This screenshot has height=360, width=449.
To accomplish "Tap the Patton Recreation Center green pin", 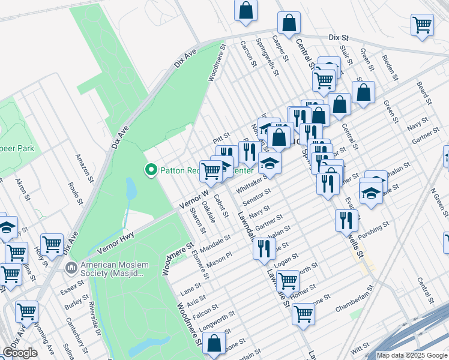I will point(151,170).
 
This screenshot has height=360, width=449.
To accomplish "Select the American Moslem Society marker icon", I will point(71,266).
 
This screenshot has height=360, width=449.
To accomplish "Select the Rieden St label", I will point(390,68).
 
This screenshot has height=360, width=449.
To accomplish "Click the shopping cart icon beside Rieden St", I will point(423,25).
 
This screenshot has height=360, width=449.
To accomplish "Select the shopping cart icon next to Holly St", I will point(52,244).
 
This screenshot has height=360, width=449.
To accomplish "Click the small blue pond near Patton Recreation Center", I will point(130,189).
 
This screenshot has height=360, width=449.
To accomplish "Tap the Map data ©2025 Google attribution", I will point(412,355).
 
